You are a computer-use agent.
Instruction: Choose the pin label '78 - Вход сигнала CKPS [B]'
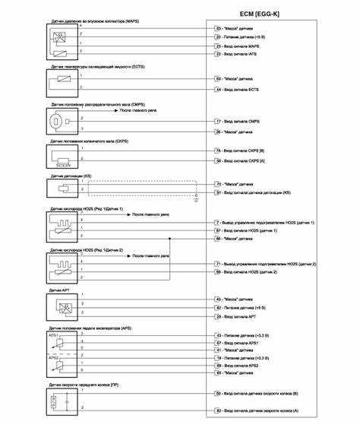coord(241,151)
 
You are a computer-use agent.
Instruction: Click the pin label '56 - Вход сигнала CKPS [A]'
coord(241,161)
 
